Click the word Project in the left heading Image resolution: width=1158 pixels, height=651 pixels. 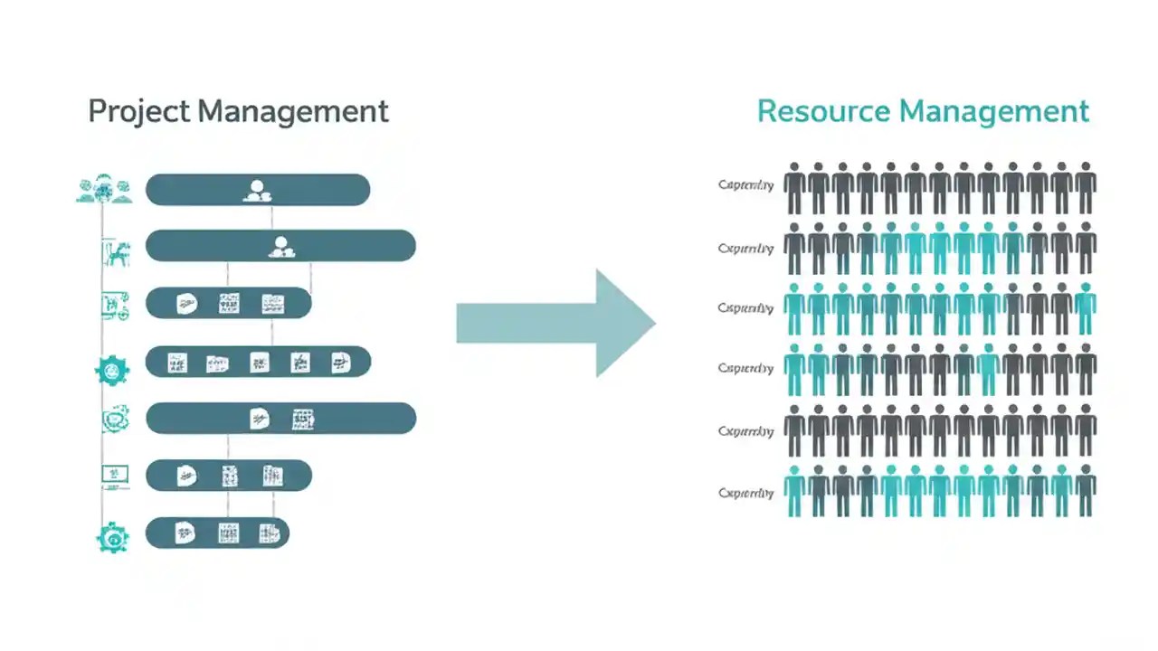tap(138, 112)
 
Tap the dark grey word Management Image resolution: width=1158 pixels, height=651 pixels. tap(293, 112)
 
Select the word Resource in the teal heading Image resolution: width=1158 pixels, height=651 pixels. tap(823, 112)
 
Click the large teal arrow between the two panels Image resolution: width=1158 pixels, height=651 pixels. tap(555, 323)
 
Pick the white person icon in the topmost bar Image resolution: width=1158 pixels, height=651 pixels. tap(257, 190)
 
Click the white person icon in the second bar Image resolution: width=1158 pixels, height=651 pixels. tap(280, 246)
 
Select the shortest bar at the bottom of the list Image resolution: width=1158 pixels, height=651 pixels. tap(217, 533)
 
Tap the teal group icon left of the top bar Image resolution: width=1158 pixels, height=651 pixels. tap(103, 189)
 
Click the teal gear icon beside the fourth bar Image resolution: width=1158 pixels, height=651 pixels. tap(112, 370)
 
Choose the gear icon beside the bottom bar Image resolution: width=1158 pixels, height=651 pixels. tap(113, 537)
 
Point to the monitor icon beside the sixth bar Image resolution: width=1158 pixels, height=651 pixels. tap(114, 475)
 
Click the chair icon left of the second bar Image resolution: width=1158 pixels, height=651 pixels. tap(116, 252)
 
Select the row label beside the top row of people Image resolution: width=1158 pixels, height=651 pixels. tap(745, 185)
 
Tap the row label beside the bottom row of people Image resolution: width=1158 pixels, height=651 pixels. tap(745, 494)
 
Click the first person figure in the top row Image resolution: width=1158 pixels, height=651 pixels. tap(794, 188)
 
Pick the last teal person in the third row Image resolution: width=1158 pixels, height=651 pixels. tap(1086, 308)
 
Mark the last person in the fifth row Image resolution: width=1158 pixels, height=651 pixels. tap(1086, 430)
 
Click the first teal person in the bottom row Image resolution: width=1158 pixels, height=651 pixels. tap(794, 491)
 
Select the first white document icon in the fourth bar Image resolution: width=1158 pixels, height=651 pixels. tap(177, 363)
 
